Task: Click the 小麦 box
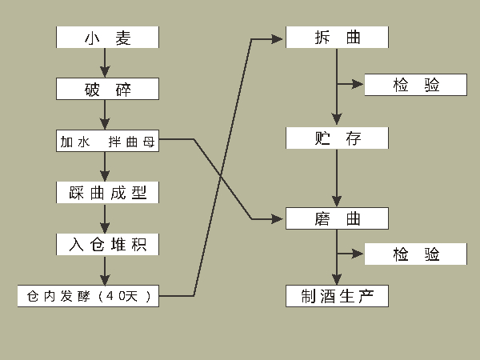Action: pos(107,38)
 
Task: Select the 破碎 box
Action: pos(107,89)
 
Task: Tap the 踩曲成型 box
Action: pos(107,193)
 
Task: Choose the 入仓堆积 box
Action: pos(107,244)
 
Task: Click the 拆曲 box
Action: pos(337,38)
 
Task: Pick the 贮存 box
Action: pos(337,138)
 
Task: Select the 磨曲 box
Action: pos(337,218)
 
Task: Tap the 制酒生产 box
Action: pos(337,296)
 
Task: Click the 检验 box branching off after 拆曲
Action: pos(415,85)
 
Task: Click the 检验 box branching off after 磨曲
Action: pos(415,254)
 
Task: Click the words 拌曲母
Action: pos(131,142)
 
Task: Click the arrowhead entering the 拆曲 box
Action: pos(280,38)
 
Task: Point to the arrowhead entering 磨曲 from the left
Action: pos(280,218)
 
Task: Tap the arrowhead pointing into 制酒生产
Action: pos(337,281)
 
